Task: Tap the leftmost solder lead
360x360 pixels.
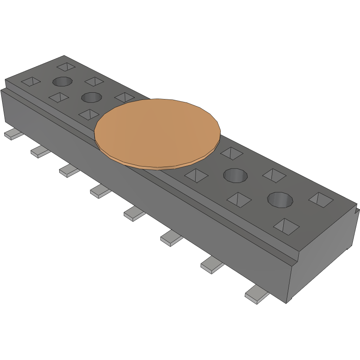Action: (x=14, y=135)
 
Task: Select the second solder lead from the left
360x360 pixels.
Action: (x=40, y=151)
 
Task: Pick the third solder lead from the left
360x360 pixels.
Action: (x=69, y=170)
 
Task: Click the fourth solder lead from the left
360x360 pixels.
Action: (x=100, y=191)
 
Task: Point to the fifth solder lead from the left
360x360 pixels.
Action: (x=134, y=214)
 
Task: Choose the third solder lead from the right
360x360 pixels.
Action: (x=171, y=239)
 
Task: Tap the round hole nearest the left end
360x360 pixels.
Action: (x=62, y=81)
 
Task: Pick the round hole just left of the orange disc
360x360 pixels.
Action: (x=91, y=98)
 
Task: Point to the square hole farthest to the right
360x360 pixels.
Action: (x=321, y=199)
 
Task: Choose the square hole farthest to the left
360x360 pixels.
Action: (x=31, y=81)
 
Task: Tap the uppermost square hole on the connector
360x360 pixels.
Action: (x=65, y=67)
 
